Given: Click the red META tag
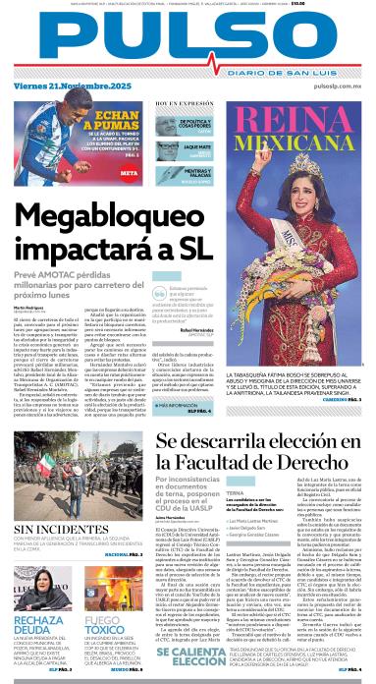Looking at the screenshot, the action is pos(129,173).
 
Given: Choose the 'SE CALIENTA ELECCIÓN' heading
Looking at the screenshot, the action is pos(190,659).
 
